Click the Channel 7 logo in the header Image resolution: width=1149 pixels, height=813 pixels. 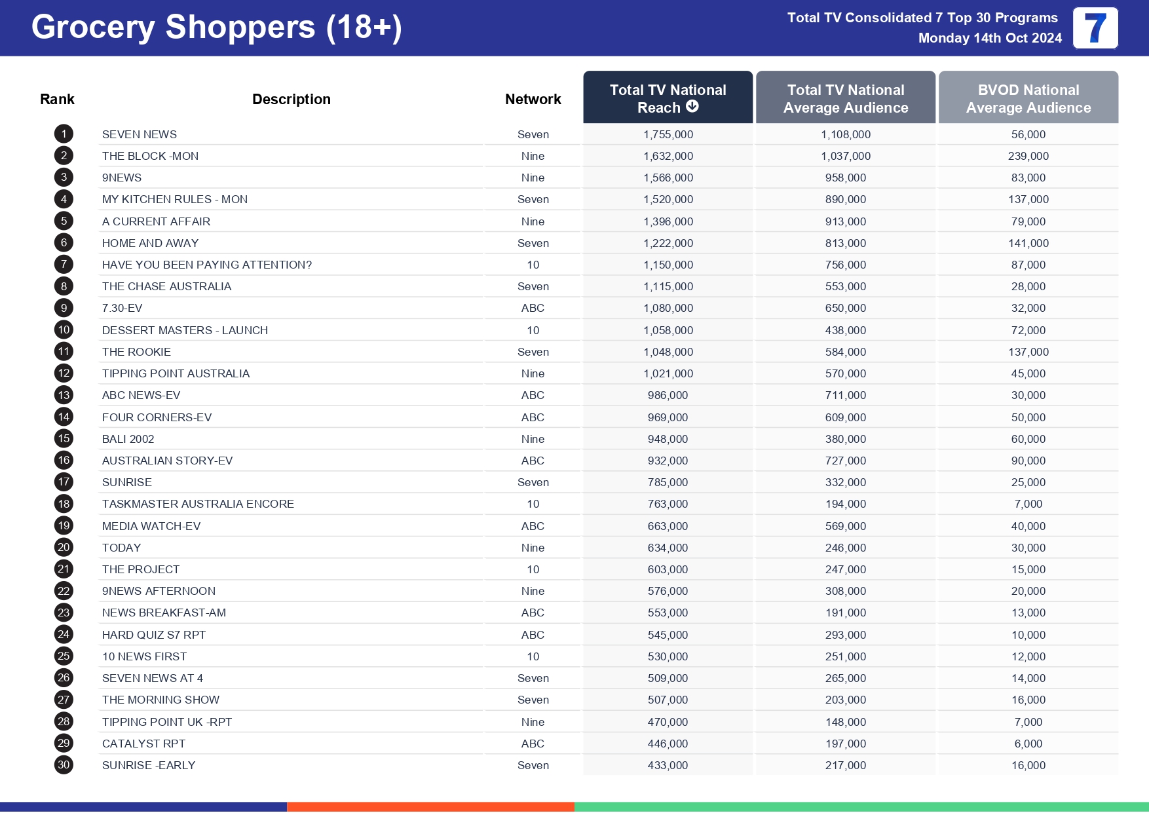1095,28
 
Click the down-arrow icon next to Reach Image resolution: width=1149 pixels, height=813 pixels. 692,107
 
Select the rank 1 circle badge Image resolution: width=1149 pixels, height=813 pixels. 64,134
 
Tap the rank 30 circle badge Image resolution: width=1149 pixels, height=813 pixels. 64,765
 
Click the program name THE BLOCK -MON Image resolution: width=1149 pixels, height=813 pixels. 150,156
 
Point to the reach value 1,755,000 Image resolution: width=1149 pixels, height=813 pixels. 668,134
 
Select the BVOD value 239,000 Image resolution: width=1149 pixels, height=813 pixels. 1028,156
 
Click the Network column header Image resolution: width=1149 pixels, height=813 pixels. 533,99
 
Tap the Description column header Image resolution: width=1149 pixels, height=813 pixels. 291,99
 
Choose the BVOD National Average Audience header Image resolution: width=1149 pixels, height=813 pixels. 1028,98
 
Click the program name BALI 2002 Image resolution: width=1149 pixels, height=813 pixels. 128,439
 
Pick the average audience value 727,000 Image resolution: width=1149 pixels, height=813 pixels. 845,461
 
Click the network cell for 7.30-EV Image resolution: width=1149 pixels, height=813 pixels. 533,308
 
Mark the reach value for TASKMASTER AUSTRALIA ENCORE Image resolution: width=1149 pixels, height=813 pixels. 668,504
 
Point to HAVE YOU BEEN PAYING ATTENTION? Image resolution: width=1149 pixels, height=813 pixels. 206,265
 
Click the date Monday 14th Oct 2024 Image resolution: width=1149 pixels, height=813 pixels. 989,38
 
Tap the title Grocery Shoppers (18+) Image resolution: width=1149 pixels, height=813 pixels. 216,28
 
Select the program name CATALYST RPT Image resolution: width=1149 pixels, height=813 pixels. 143,744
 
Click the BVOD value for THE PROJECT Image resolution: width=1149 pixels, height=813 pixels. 1028,569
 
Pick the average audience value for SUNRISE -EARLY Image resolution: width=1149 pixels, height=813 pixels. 845,765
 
